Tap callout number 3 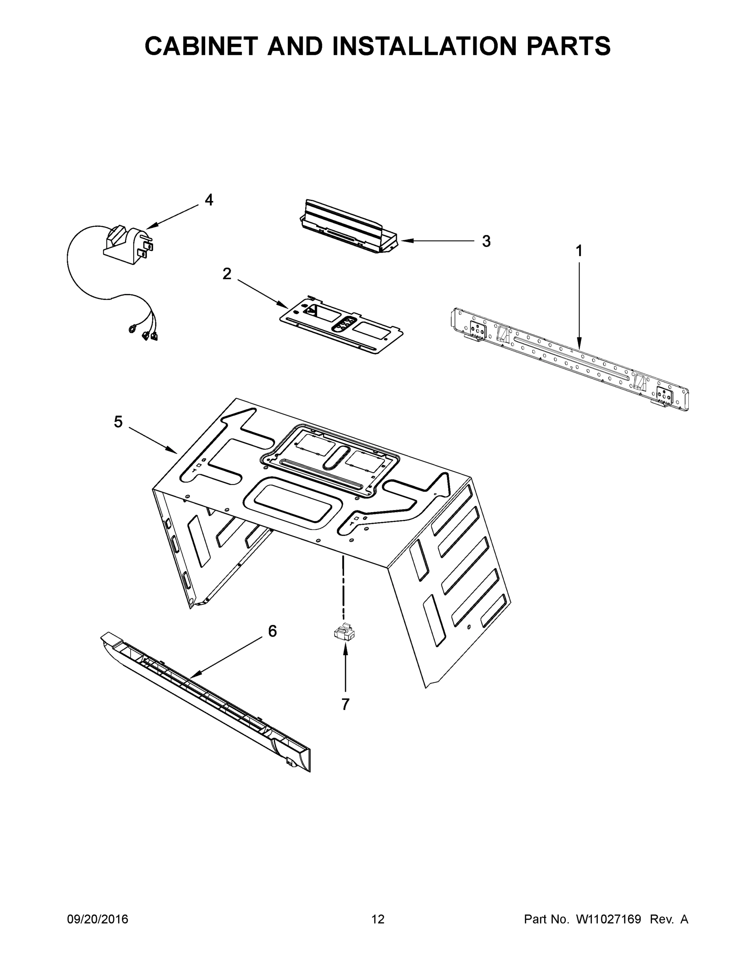486,241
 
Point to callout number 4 209,200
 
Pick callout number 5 118,421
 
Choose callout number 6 272,631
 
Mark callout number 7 345,705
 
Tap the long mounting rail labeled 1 568,358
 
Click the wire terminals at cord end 145,333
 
